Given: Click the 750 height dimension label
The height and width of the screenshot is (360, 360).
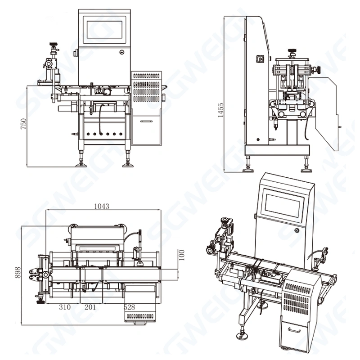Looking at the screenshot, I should point(23,124).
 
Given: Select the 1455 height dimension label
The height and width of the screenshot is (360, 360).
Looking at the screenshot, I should point(220,108).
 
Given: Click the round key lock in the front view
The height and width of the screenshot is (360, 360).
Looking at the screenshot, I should point(122,52).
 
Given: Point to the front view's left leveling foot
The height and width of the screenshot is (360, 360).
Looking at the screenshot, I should point(81,162).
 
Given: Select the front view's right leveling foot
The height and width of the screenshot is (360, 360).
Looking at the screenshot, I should point(128,162).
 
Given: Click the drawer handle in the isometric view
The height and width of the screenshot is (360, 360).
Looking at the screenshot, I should point(294,330).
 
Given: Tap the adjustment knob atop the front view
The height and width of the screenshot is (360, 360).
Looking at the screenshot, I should point(54,45).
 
